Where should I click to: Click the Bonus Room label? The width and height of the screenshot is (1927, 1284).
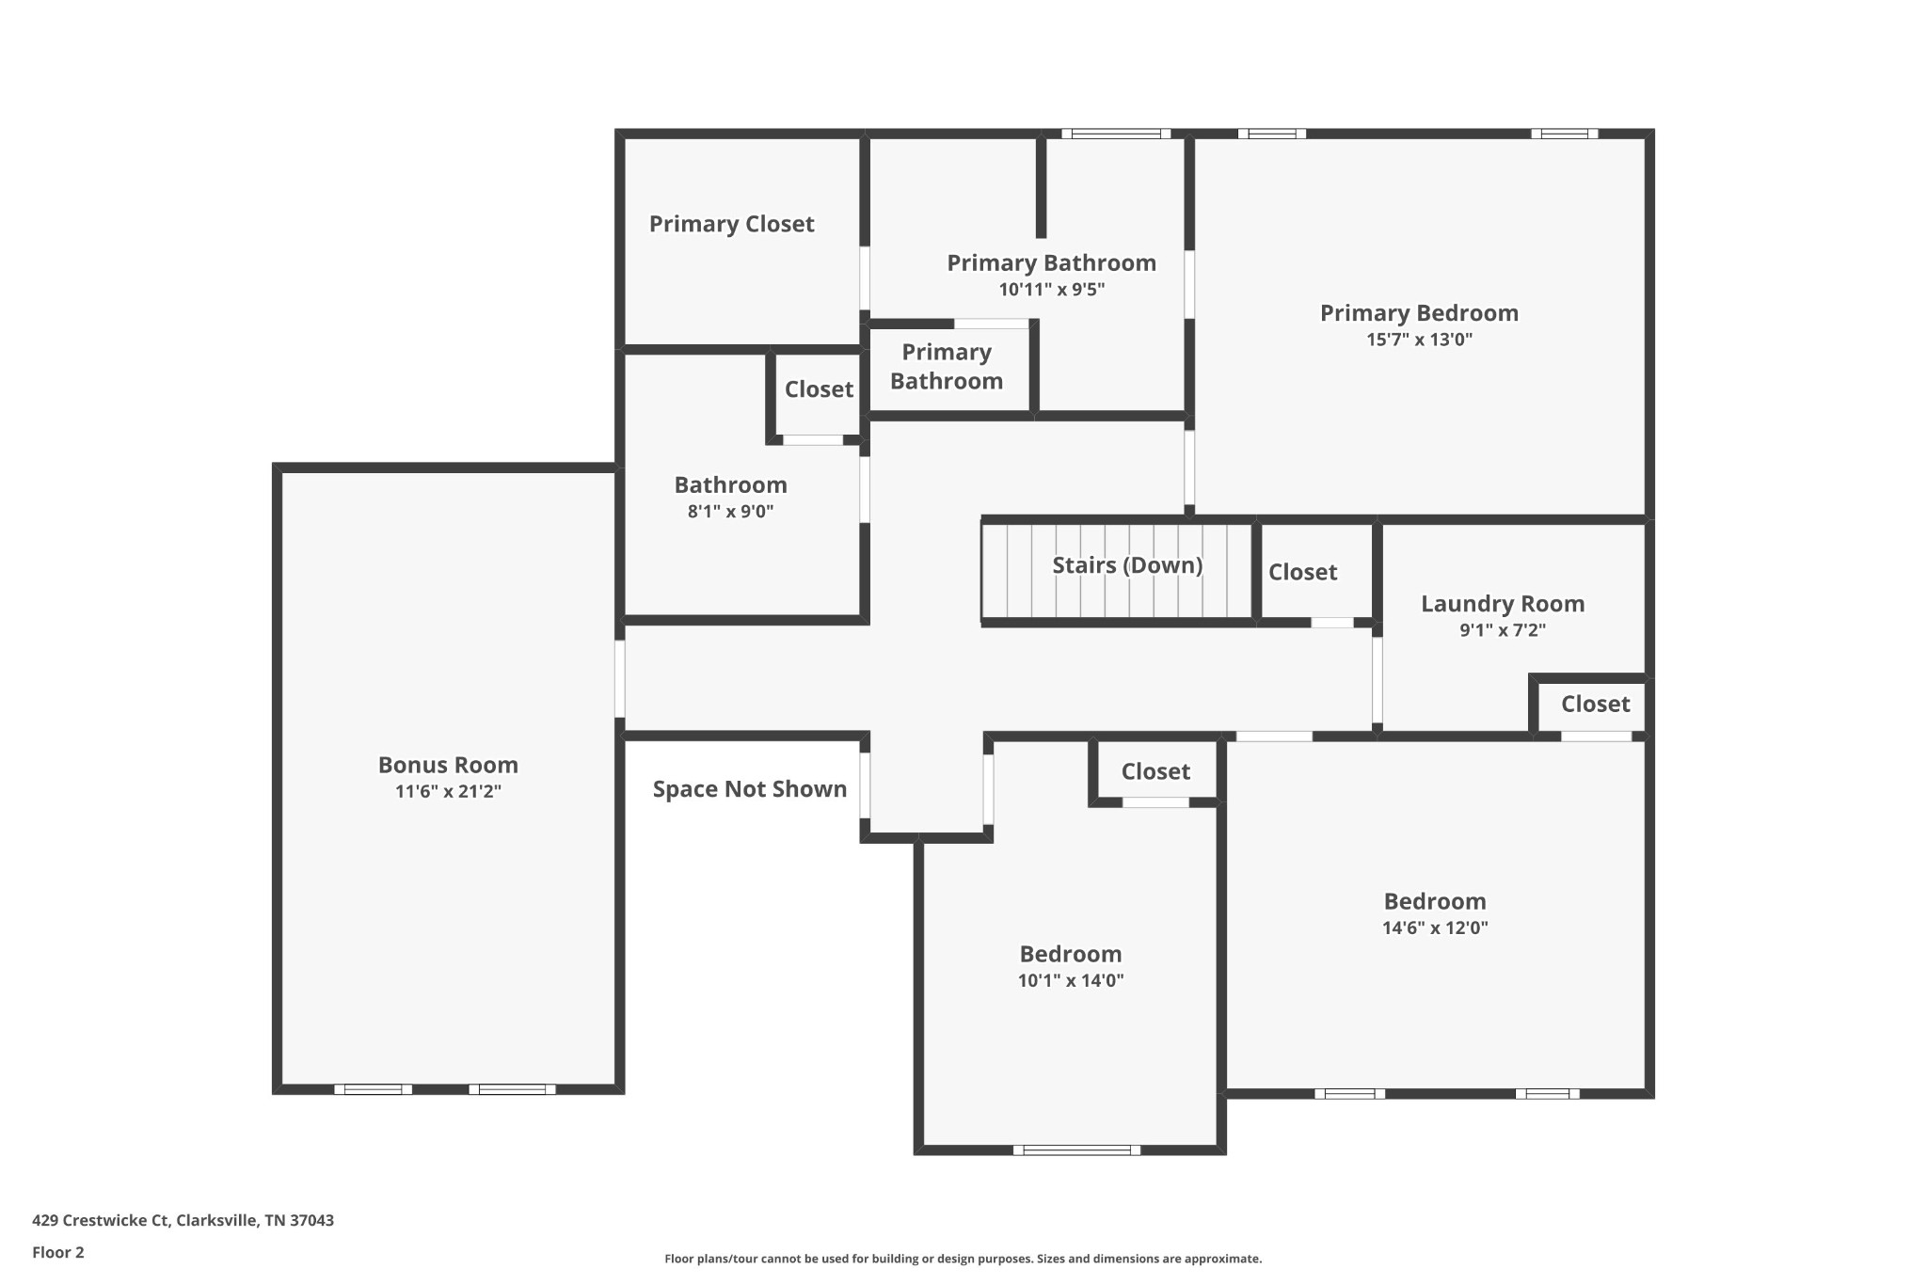pyautogui.click(x=448, y=765)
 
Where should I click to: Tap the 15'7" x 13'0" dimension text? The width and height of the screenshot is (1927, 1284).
pyautogui.click(x=1419, y=340)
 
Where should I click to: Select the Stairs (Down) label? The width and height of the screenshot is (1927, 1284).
pyautogui.click(x=1127, y=565)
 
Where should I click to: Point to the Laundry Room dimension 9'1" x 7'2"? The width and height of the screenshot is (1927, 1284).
pyautogui.click(x=1503, y=630)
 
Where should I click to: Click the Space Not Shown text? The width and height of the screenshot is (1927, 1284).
pyautogui.click(x=749, y=789)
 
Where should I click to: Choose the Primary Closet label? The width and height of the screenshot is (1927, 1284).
pyautogui.click(x=731, y=224)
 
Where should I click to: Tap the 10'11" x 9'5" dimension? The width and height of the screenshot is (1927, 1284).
pyautogui.click(x=1051, y=290)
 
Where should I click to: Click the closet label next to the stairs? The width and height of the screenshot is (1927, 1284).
pyautogui.click(x=1302, y=572)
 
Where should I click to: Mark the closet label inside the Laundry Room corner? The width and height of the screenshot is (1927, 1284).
pyautogui.click(x=1595, y=704)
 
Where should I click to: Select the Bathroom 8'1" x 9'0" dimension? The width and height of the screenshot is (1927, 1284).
pyautogui.click(x=730, y=512)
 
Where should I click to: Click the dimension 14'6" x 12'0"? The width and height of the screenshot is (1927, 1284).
pyautogui.click(x=1434, y=927)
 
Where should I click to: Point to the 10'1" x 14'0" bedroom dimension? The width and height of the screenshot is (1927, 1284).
pyautogui.click(x=1070, y=980)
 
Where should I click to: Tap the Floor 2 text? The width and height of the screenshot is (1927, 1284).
pyautogui.click(x=58, y=1252)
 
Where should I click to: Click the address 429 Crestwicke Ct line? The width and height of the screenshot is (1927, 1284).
pyautogui.click(x=183, y=1220)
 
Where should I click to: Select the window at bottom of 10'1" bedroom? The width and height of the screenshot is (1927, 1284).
pyautogui.click(x=1076, y=1149)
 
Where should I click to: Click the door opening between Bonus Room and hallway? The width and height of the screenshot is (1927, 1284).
pyautogui.click(x=620, y=678)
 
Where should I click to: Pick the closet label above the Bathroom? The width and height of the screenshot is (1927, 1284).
pyautogui.click(x=819, y=389)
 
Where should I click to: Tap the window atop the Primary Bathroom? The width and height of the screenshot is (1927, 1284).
pyautogui.click(x=1116, y=134)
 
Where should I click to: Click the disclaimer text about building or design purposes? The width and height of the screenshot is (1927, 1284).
pyautogui.click(x=963, y=1259)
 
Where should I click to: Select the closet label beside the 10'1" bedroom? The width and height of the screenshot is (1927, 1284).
pyautogui.click(x=1155, y=771)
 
